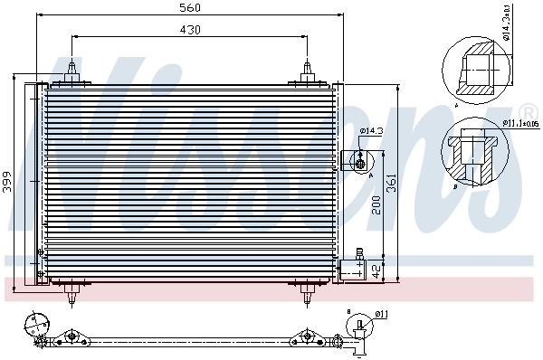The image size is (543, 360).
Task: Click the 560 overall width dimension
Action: (189, 8)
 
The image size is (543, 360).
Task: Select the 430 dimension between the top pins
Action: (189, 30)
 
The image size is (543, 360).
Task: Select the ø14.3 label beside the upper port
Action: (371, 132)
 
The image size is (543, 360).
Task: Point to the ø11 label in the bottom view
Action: (381, 315)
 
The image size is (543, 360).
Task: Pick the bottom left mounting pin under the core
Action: (71, 292)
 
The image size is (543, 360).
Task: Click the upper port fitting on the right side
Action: (358, 160)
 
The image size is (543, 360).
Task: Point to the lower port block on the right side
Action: (354, 269)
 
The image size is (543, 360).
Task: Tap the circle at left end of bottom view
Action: (35, 322)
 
